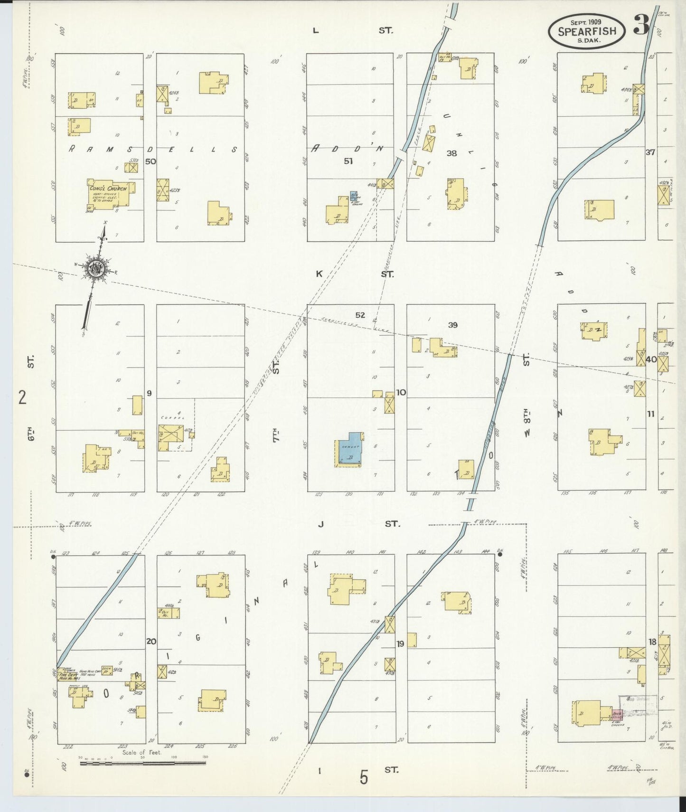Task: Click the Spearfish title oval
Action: [587, 30]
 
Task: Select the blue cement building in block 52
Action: [350, 449]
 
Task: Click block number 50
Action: [150, 161]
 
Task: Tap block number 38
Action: [451, 153]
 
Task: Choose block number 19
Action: [400, 644]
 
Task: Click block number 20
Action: [151, 642]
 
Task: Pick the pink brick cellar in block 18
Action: [617, 715]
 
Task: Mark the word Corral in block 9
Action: [169, 418]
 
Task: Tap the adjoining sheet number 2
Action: [22, 397]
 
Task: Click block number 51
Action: [348, 161]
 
